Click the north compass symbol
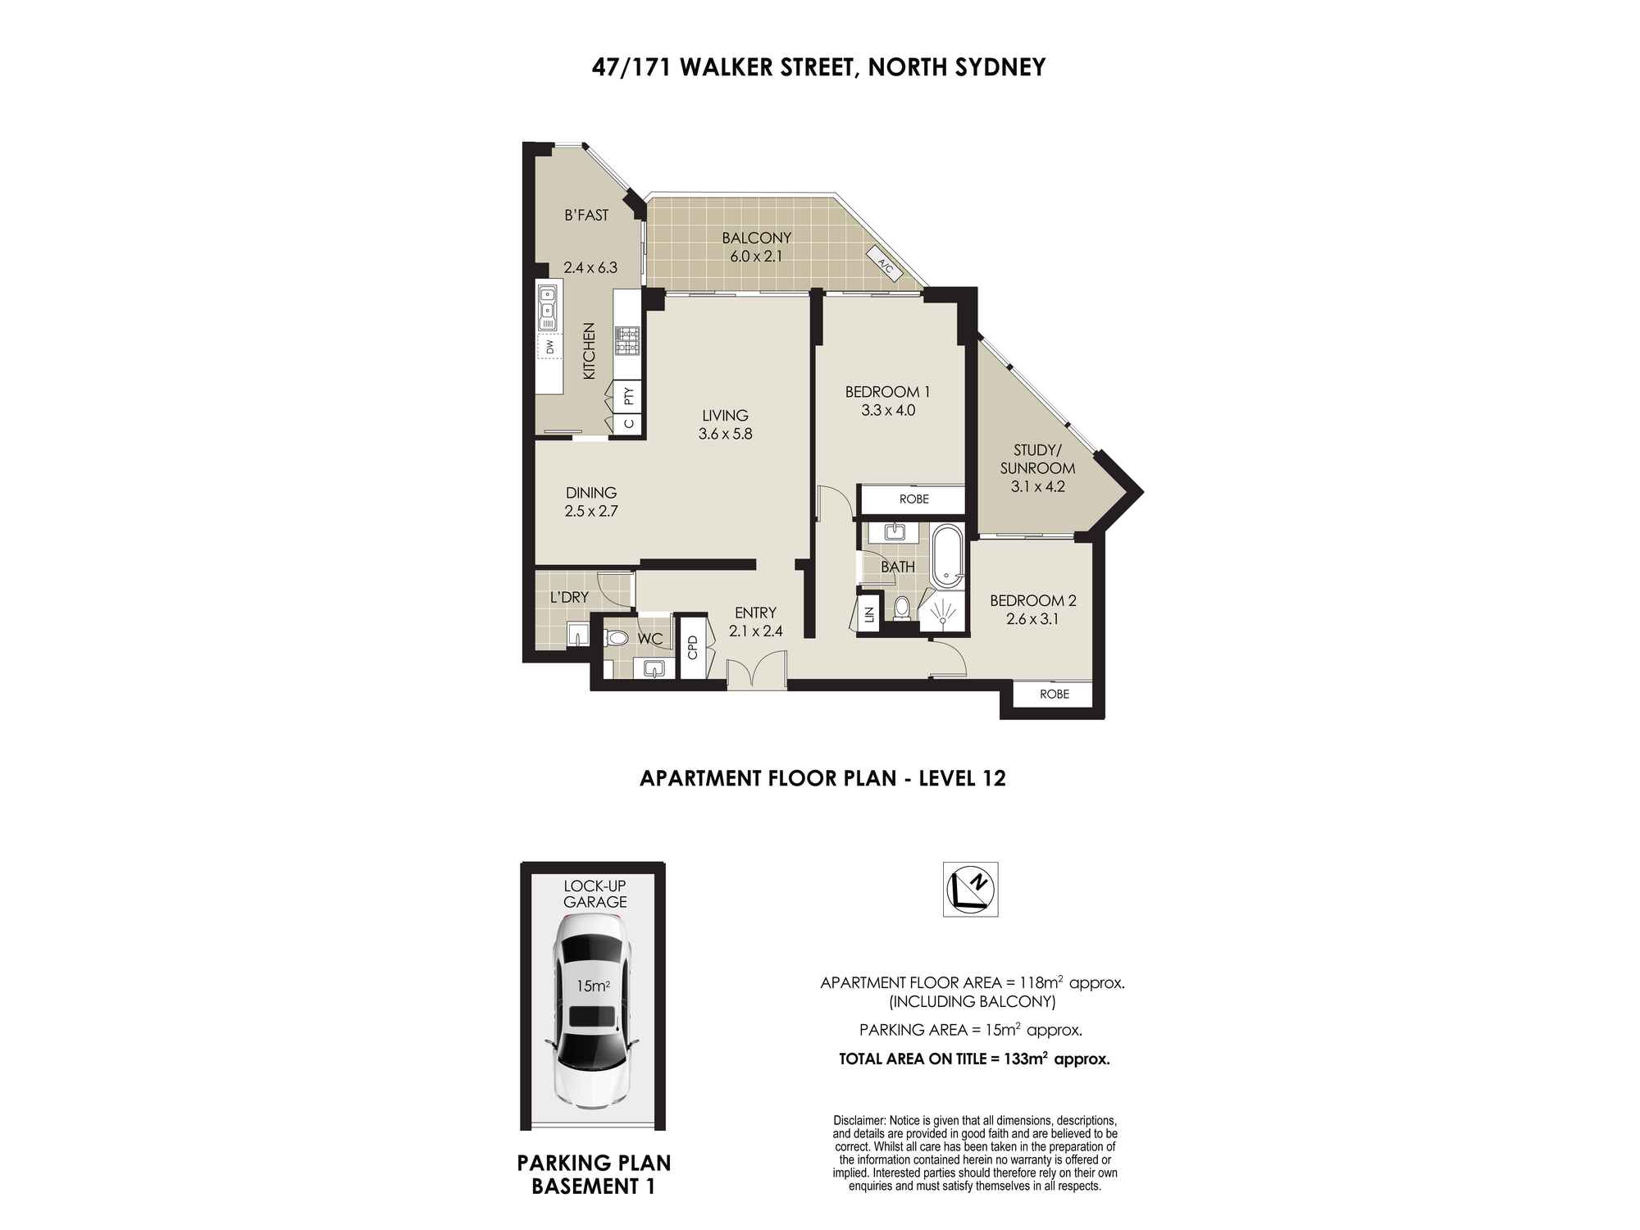(970, 889)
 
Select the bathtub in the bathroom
(948, 555)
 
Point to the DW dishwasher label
(550, 347)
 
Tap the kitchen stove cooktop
(627, 341)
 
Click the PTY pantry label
(629, 397)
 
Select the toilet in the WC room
(617, 638)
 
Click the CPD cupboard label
(693, 647)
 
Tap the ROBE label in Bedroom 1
(913, 499)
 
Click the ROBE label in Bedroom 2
(1055, 695)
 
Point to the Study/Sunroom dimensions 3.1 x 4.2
(1037, 486)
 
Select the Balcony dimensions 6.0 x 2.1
(756, 256)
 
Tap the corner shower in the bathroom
(942, 612)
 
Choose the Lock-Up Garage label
(594, 894)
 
